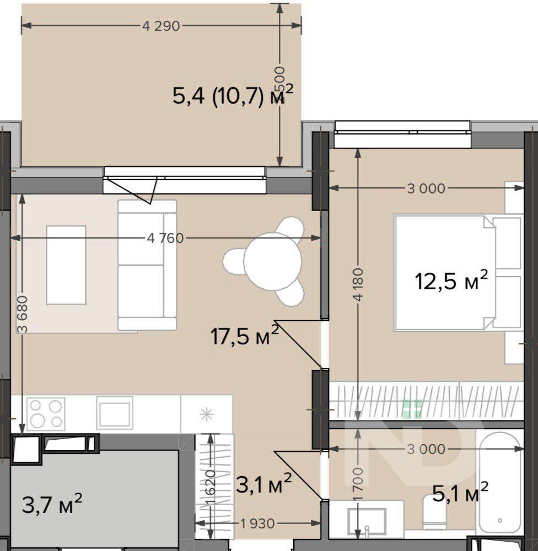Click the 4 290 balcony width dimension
[x=161, y=26]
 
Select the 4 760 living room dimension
[x=165, y=238]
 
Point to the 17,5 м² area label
[x=245, y=335]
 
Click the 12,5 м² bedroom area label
[x=451, y=280]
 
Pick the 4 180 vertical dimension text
[x=358, y=285]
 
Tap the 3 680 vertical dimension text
[x=23, y=314]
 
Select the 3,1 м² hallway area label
[x=263, y=484]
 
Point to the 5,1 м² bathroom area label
[x=460, y=492]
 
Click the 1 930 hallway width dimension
[x=257, y=523]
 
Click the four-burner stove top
[x=46, y=414]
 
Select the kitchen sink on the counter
[x=115, y=413]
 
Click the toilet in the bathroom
[x=434, y=512]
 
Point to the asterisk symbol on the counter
[x=206, y=414]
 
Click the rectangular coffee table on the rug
[x=66, y=265]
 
